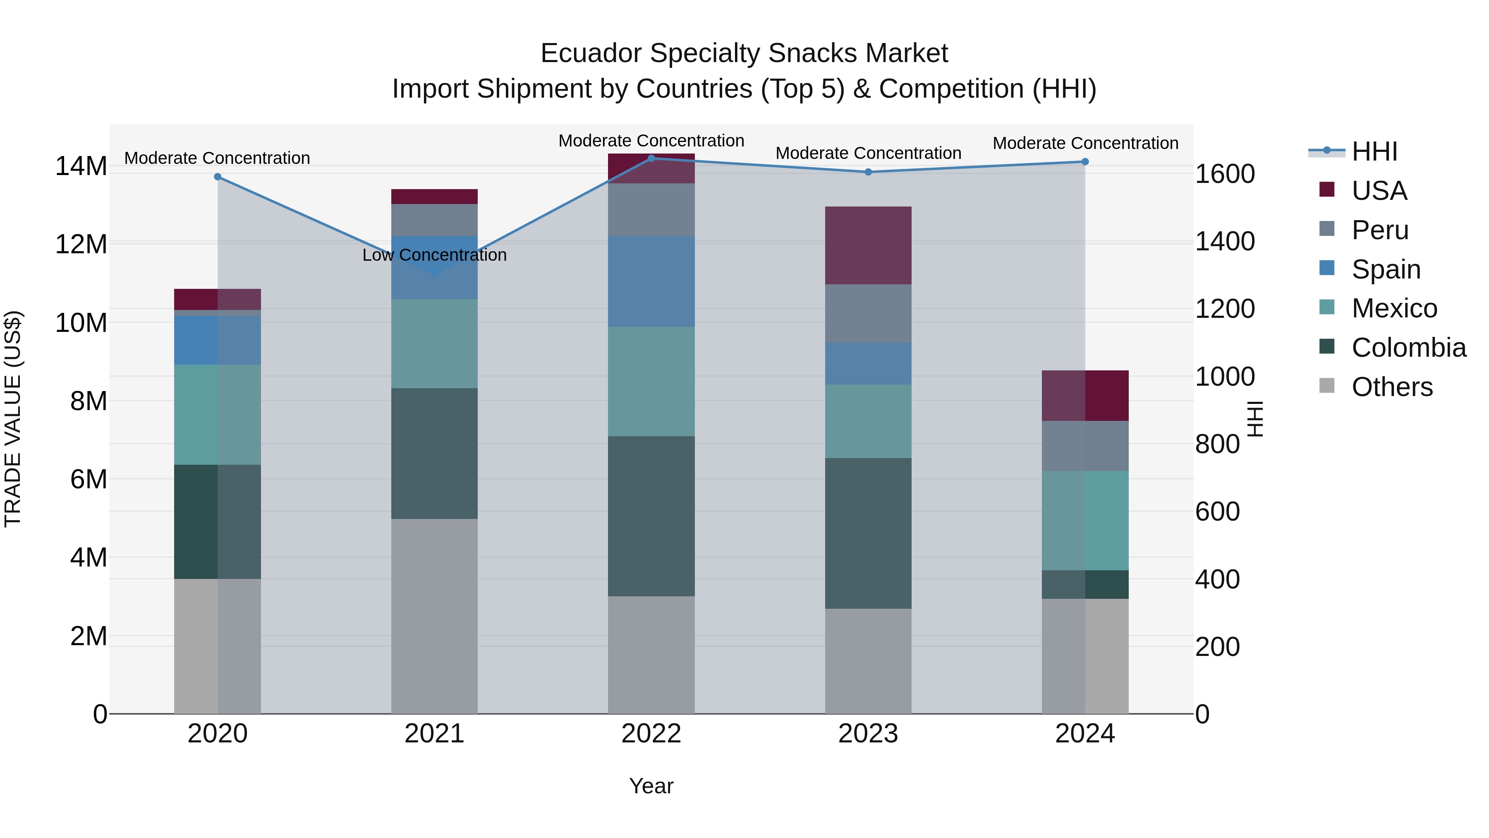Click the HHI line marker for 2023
pyautogui.click(x=868, y=172)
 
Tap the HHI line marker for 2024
pyautogui.click(x=1084, y=162)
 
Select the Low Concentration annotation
pyautogui.click(x=434, y=255)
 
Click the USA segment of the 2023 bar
pyautogui.click(x=868, y=245)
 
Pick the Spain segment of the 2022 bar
pyautogui.click(x=651, y=282)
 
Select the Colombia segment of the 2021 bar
pyautogui.click(x=434, y=454)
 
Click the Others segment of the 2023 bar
pyautogui.click(x=868, y=660)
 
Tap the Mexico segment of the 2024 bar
pyautogui.click(x=1084, y=521)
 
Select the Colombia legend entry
pyautogui.click(x=1408, y=348)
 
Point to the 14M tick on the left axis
pyautogui.click(x=81, y=166)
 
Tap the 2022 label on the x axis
pyautogui.click(x=651, y=734)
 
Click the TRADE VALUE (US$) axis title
pyautogui.click(x=13, y=419)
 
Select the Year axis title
pyautogui.click(x=651, y=786)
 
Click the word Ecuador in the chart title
pyautogui.click(x=591, y=53)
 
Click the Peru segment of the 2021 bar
pyautogui.click(x=434, y=220)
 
